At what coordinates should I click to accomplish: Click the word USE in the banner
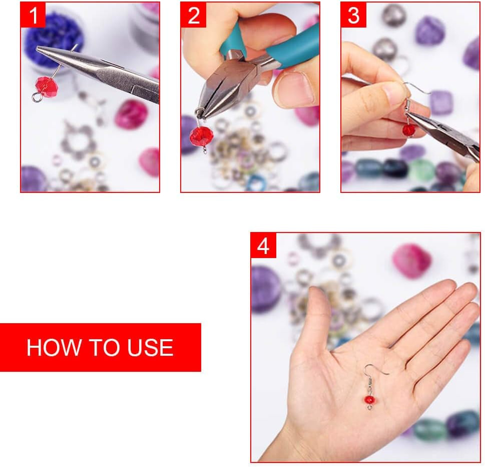[151, 348]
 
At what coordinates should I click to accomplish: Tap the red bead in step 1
[47, 87]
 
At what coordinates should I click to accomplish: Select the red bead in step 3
[409, 130]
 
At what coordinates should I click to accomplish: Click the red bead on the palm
[369, 399]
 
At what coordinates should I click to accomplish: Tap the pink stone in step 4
[411, 260]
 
